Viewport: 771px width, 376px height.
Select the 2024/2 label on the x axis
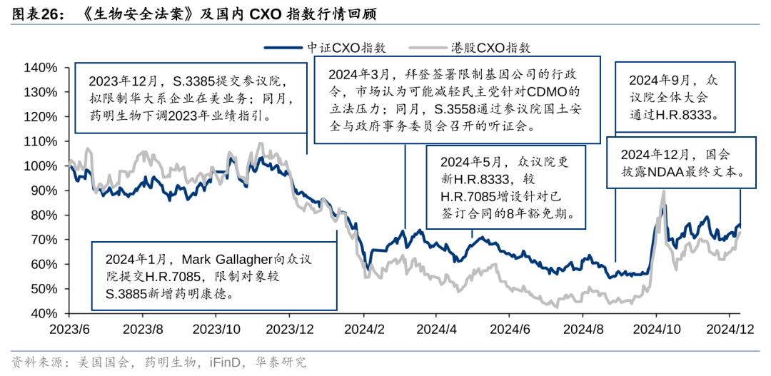[363, 329]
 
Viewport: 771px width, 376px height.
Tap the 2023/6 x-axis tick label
[69, 329]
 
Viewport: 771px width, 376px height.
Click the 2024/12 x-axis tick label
[729, 329]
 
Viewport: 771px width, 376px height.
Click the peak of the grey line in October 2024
[664, 190]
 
